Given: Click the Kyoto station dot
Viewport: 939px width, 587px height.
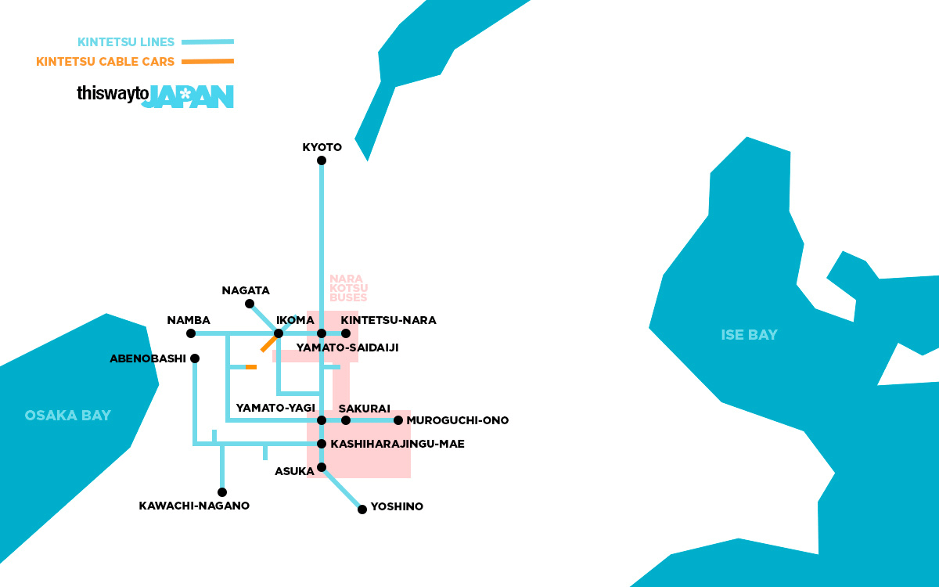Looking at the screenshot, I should pos(321,160).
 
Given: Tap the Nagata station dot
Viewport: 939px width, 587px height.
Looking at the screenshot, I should pos(249,304).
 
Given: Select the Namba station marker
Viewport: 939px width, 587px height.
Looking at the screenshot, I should pos(191,333).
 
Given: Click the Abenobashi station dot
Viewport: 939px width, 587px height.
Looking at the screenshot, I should pos(195,358).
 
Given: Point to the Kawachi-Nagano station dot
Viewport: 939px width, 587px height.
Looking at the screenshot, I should pos(222,492).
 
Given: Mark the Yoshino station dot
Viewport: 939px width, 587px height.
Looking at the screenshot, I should pos(362,510).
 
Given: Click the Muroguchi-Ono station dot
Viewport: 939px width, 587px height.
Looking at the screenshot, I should pos(398,420).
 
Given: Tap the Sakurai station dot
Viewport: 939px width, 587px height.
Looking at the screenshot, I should pos(346,420).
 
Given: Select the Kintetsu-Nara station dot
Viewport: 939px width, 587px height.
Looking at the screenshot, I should pos(346,333).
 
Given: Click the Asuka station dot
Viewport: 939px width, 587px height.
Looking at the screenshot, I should pos(321,467).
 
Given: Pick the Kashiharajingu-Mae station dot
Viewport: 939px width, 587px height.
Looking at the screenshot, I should pos(321,444).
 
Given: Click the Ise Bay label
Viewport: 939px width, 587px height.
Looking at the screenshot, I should pos(749,335).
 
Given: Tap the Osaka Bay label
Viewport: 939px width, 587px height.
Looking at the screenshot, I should pos(68,416).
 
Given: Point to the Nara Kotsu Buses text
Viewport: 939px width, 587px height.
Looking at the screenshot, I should pos(348,288).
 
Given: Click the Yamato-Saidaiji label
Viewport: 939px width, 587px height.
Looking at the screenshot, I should pos(347,348).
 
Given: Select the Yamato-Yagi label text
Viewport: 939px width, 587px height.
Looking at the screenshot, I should pos(275,408).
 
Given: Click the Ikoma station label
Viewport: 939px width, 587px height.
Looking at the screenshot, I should pos(295,320).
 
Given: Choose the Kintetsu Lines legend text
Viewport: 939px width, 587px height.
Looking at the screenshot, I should pos(126,42).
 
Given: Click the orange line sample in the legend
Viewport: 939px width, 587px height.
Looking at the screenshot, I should pos(207,61).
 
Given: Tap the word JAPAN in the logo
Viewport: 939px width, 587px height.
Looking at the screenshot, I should pos(192,96).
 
